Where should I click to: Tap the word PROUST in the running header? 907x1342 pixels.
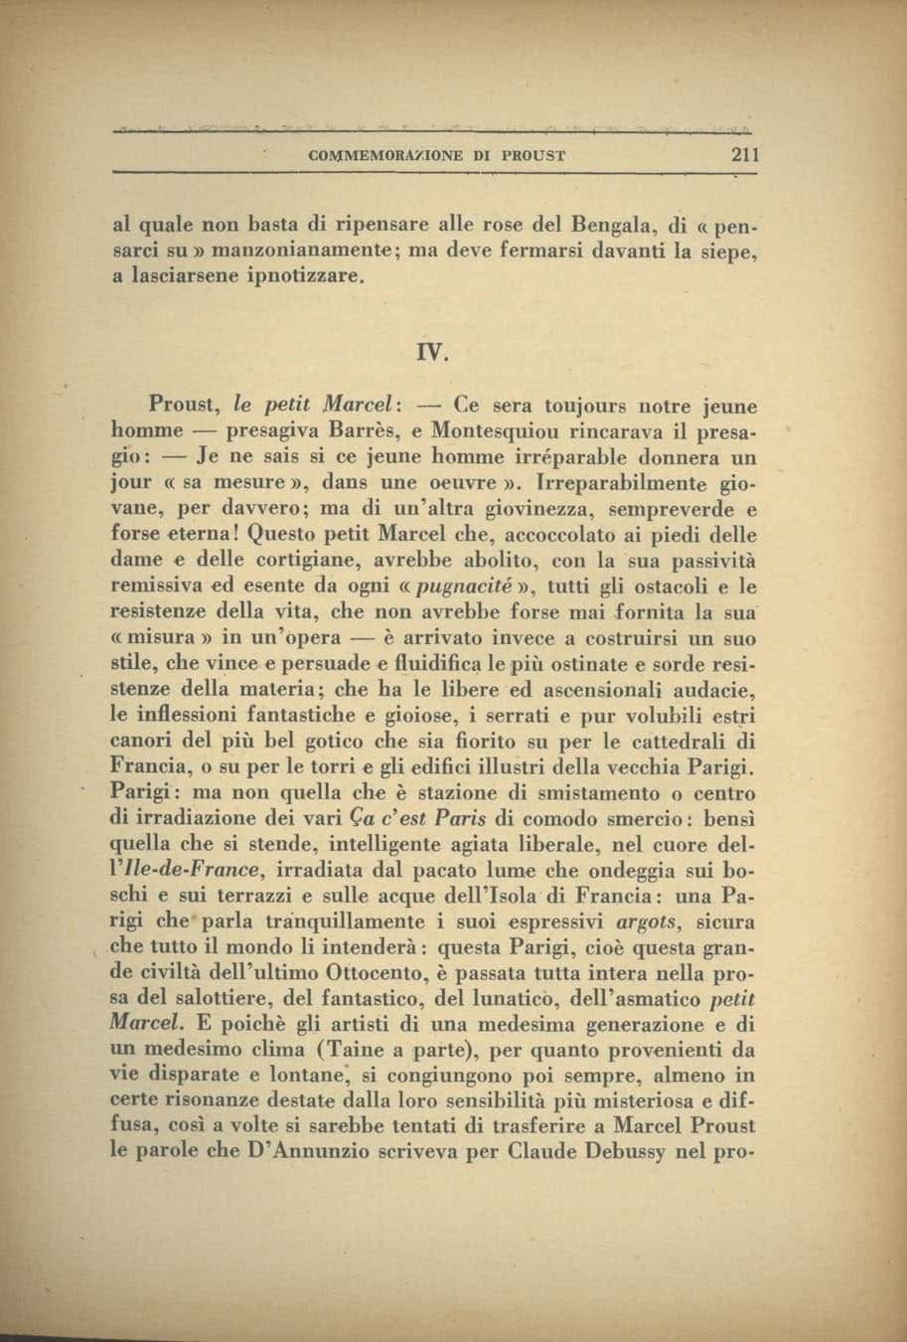[533, 156]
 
